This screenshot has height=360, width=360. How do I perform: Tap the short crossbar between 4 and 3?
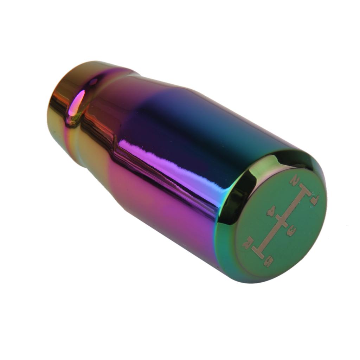[x=282, y=221]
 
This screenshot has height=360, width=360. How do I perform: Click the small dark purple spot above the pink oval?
[x=93, y=82]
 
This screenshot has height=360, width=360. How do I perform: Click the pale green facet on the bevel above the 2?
[x=271, y=165]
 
